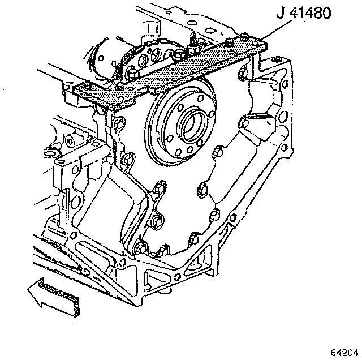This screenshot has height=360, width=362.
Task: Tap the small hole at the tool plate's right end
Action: tap(260, 42)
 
